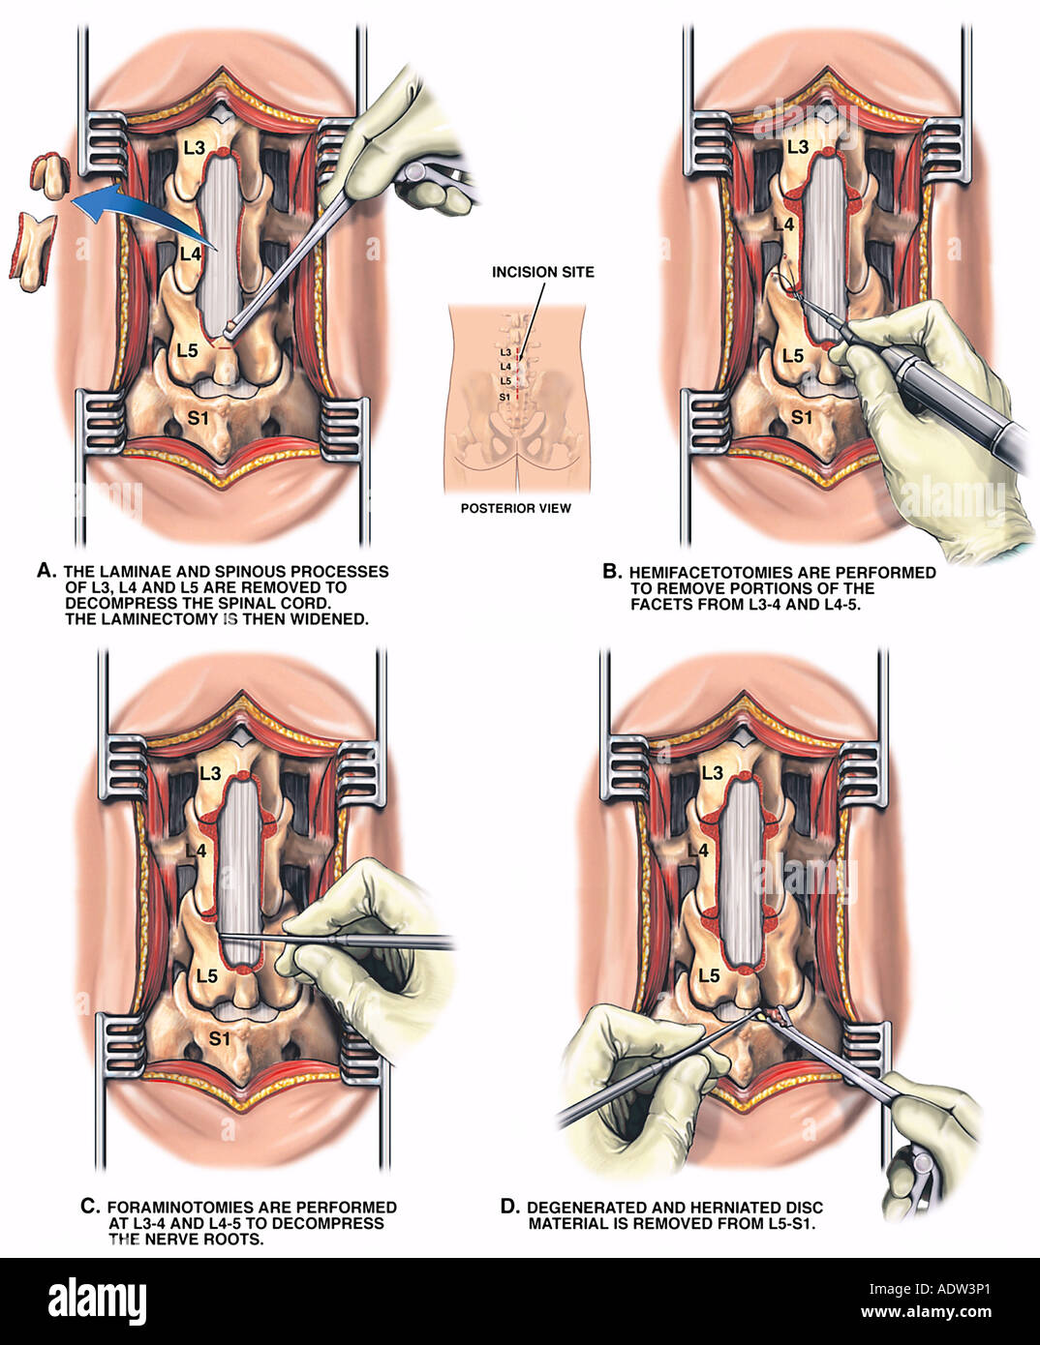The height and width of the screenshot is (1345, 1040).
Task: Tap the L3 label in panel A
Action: pyautogui.click(x=194, y=147)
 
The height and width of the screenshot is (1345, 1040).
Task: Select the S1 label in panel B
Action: pyautogui.click(x=802, y=418)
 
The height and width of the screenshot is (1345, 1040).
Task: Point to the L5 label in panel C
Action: pyautogui.click(x=207, y=976)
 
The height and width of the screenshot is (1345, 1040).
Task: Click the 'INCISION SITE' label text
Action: pyautogui.click(x=542, y=272)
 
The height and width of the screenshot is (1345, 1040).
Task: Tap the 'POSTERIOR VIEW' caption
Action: pyautogui.click(x=516, y=508)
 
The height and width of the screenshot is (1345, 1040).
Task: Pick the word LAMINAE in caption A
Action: pyautogui.click(x=144, y=571)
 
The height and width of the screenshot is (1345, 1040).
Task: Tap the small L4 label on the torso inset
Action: pyautogui.click(x=505, y=367)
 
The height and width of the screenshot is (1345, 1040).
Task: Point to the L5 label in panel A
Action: pyautogui.click(x=187, y=350)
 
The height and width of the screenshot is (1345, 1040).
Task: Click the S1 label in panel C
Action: pyautogui.click(x=219, y=1038)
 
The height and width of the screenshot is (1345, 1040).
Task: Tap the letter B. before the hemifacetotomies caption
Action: pyautogui.click(x=612, y=571)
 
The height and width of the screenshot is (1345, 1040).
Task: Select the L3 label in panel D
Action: pyautogui.click(x=713, y=773)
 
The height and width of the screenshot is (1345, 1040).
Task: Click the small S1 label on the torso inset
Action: pyautogui.click(x=505, y=397)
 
